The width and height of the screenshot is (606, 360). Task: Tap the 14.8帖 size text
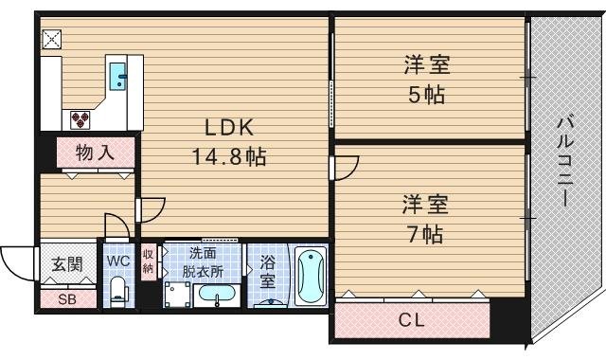pos(229,155)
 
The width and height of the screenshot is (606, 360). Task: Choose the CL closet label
pos(410,320)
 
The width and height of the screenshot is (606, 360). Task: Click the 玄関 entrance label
pos(69,262)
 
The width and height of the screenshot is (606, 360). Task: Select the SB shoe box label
pos(69,300)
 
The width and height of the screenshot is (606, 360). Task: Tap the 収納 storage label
pos(149,261)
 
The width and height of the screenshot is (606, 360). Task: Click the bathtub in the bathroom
pos(310,275)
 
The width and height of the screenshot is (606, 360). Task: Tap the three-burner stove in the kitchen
pos(80,118)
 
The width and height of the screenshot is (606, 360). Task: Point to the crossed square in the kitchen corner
pos(50,39)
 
